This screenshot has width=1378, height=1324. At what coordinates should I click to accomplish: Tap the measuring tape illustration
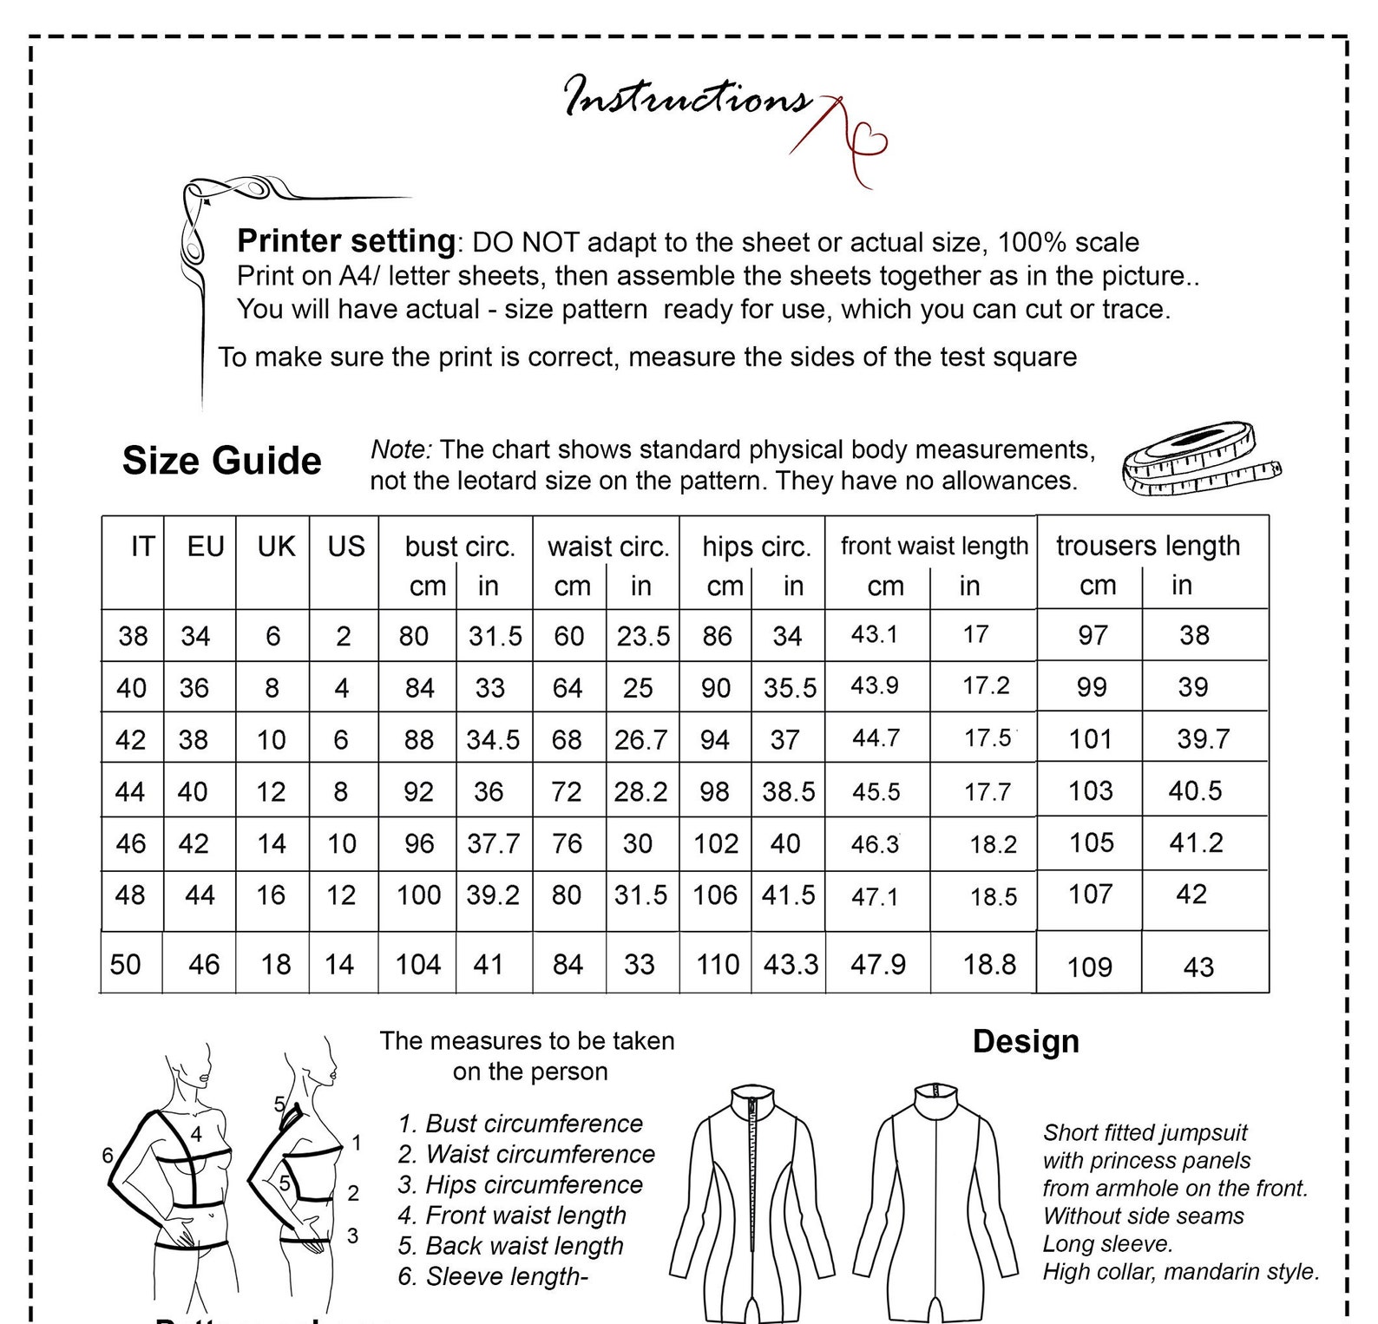pos(1199,458)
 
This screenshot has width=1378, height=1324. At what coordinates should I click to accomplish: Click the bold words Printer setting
pos(346,240)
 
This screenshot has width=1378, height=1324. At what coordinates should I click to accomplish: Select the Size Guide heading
pos(221,461)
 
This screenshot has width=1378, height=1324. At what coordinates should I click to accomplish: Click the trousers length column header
pos(1147,546)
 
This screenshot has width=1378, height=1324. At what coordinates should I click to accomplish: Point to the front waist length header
pos(934,546)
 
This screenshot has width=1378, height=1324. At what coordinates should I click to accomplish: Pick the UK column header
pos(276,547)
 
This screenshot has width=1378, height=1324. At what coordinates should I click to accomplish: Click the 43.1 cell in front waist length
pos(874,634)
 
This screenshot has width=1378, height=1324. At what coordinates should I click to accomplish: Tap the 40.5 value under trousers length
pos(1195,790)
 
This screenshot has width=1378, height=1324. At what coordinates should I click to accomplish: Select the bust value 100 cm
pos(418,895)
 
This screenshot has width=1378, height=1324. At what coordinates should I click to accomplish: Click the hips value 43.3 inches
pos(791,964)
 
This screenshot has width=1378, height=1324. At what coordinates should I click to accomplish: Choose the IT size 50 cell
pos(126,964)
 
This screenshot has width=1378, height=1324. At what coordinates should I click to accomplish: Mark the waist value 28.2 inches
pos(641,791)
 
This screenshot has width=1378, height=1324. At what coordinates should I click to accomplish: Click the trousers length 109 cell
pos(1090,967)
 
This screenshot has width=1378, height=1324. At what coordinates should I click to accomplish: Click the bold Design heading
pos(1026,1041)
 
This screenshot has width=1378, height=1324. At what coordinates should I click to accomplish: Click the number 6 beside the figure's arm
pos(108,1155)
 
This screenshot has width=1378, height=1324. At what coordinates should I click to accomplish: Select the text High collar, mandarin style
pos(1180,1272)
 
